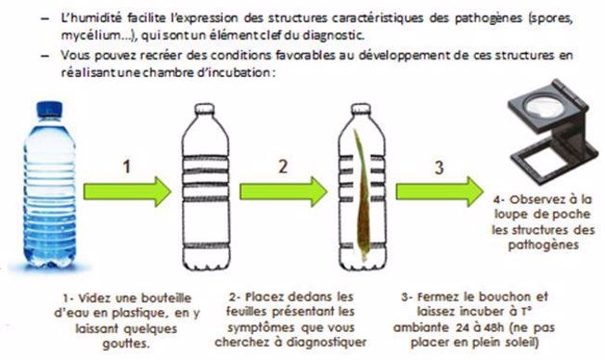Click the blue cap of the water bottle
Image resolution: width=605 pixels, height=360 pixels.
click(49, 109)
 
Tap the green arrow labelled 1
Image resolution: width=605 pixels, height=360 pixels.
click(127, 191)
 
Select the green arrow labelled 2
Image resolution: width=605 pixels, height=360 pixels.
click(284, 191)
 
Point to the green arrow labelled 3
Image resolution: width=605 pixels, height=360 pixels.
click(440, 191)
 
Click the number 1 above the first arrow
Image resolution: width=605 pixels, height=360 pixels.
click(126, 167)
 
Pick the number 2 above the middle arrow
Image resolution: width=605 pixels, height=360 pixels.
click(283, 166)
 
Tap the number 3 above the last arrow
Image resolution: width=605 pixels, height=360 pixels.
click(439, 167)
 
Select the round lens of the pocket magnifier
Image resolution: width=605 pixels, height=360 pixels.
click(545, 104)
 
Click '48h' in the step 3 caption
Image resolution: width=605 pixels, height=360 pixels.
click(493, 328)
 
